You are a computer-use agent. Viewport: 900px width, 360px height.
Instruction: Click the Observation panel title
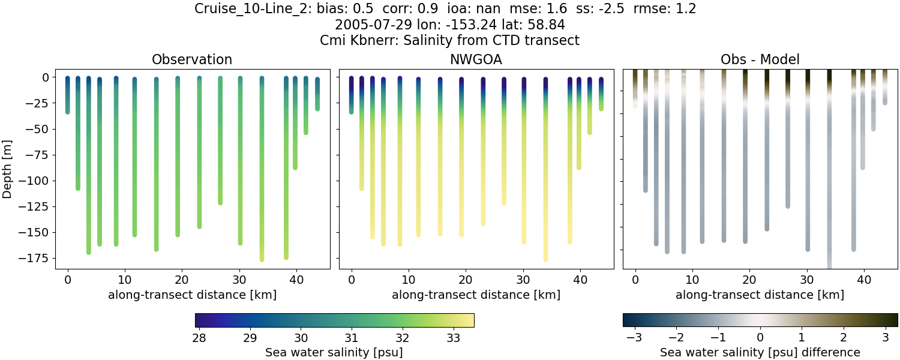coord(192,60)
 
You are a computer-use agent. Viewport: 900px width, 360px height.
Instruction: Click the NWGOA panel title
coord(476,60)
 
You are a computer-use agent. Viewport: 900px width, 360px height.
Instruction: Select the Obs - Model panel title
coord(760,60)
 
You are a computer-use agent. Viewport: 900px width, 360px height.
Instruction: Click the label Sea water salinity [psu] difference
coord(760,352)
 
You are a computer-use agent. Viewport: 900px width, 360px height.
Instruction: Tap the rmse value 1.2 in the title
coord(684,9)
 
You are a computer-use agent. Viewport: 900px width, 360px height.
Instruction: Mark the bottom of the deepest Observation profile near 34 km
coord(262,259)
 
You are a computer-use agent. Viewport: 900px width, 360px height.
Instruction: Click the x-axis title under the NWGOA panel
coord(476,295)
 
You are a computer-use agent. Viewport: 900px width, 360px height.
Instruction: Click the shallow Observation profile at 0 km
coord(68,96)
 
